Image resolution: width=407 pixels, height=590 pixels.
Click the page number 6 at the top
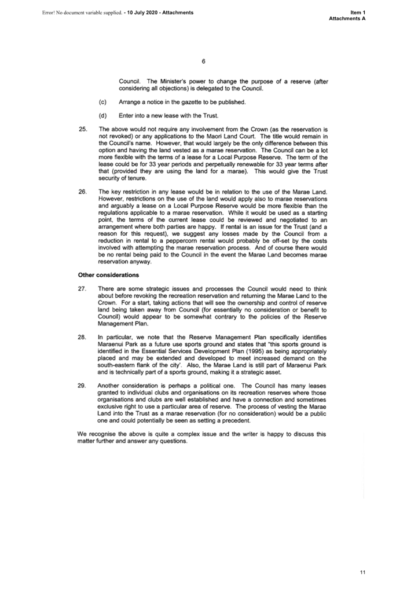tap(203, 61)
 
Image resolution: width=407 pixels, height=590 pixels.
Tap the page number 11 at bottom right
tap(362, 573)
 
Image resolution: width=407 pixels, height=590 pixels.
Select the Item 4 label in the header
tap(359, 13)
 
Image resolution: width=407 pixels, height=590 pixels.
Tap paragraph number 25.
tap(82, 129)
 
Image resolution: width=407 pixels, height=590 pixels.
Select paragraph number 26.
tap(82, 192)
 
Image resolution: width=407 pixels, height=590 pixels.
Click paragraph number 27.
tap(82, 288)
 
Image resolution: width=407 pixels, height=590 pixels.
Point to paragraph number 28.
tap(82, 337)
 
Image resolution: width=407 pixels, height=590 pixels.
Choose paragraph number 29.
tap(82, 386)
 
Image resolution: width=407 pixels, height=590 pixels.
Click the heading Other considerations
tap(108, 275)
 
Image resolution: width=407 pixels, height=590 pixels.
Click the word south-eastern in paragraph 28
tap(116, 365)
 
